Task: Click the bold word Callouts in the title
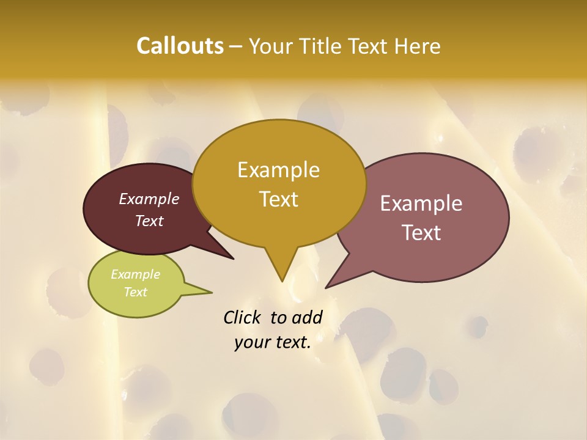(180, 46)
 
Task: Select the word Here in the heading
(418, 46)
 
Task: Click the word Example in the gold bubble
(278, 169)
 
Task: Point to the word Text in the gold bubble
(278, 199)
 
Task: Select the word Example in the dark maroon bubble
(149, 199)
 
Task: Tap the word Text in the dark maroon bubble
(149, 221)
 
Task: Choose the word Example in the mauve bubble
(421, 203)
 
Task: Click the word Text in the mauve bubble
(421, 232)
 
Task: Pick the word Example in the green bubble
(135, 274)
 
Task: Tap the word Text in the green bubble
(135, 292)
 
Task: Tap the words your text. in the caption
(272, 342)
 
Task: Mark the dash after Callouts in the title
(236, 46)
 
